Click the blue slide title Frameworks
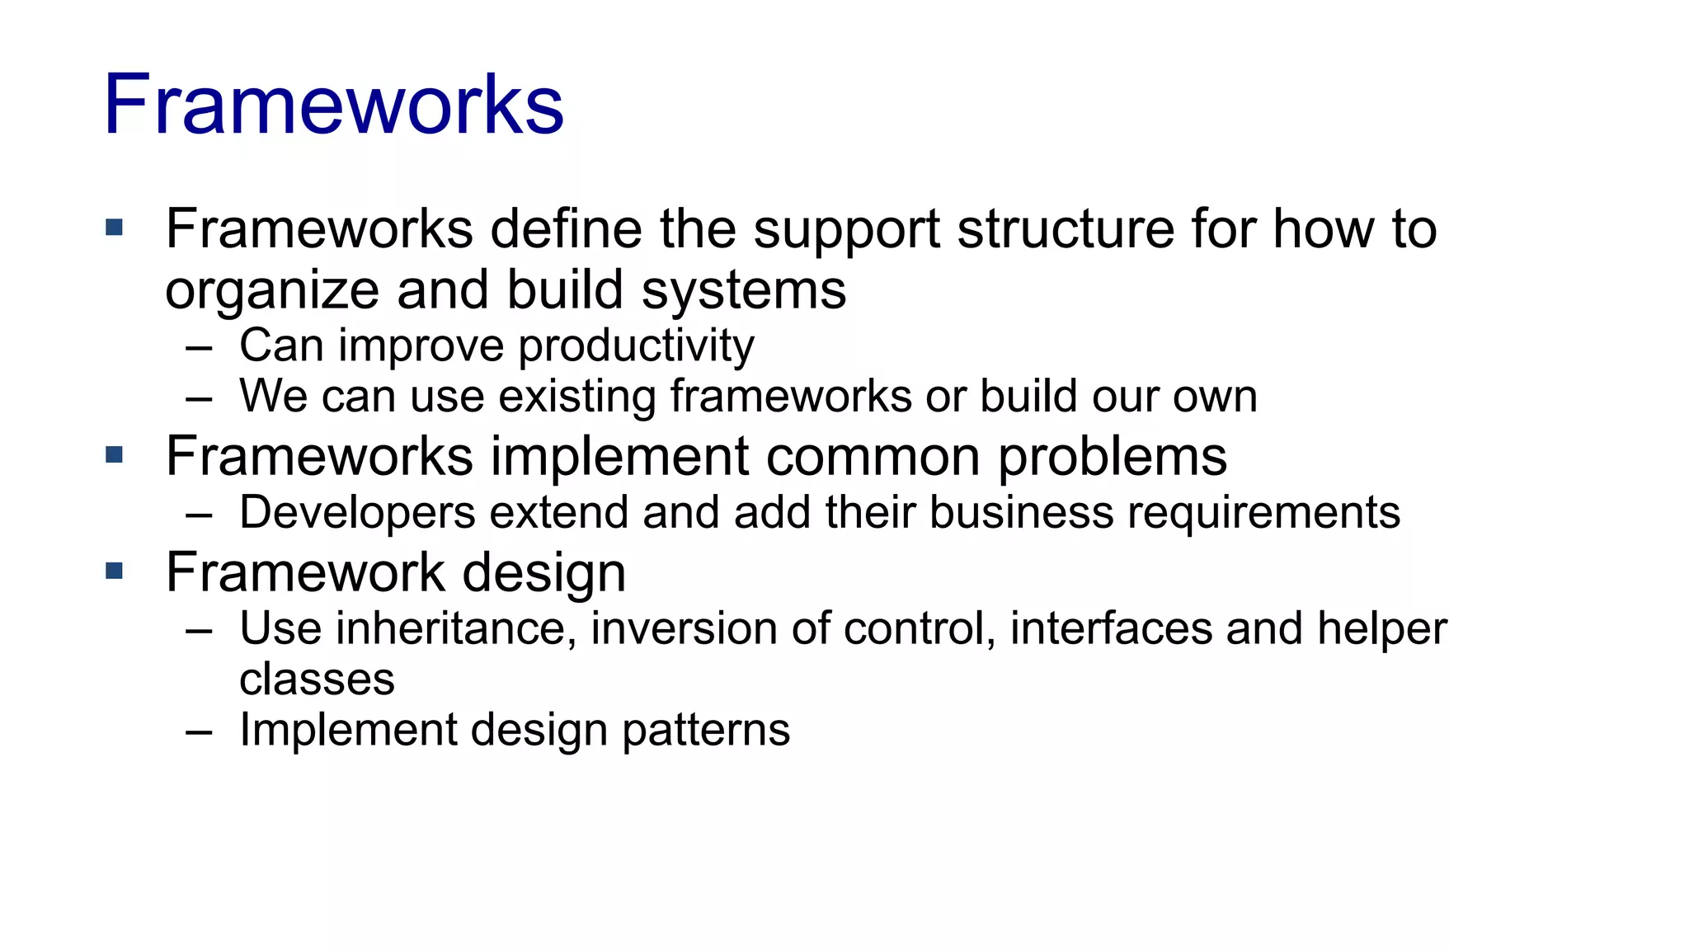click(333, 105)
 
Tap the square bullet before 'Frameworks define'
click(115, 227)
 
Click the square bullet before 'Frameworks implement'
click(115, 454)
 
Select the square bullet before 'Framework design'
click(115, 571)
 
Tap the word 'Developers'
click(357, 514)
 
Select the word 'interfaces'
click(1111, 629)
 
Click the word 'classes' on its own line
click(317, 680)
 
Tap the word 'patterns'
click(706, 731)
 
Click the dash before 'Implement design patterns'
click(200, 732)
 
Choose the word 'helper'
click(1381, 629)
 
